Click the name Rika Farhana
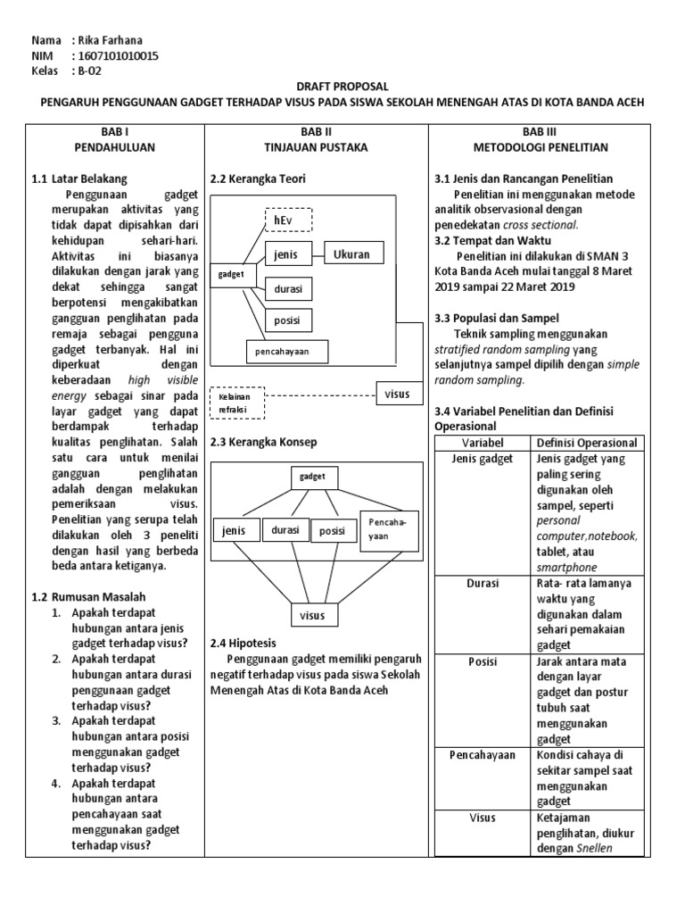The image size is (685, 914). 110,40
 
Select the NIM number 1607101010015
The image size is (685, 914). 120,56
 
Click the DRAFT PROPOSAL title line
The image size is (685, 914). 343,87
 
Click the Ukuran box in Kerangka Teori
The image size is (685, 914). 351,254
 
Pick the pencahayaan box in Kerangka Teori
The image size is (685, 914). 286,352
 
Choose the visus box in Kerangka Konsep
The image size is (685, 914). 312,615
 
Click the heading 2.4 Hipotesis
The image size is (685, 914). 243,643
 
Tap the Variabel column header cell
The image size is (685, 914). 483,443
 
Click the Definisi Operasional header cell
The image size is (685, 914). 586,443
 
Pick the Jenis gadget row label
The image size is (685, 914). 483,459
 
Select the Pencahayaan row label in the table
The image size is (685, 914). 483,755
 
